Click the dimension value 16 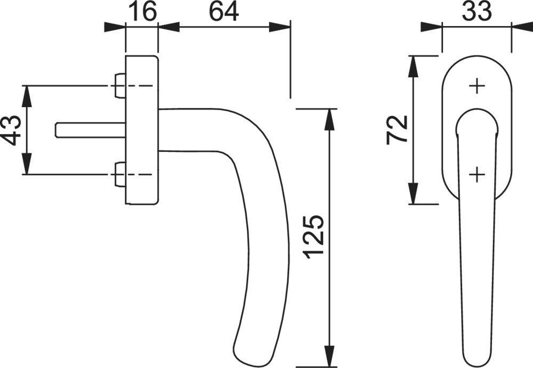click(x=142, y=11)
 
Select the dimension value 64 click(x=223, y=11)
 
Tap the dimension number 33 click(x=476, y=11)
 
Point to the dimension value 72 click(x=398, y=129)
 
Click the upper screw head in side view click(x=120, y=86)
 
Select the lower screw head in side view click(x=120, y=175)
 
